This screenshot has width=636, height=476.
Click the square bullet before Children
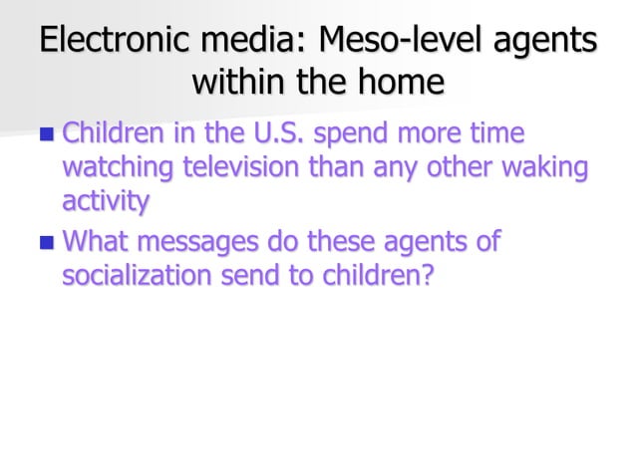point(47,133)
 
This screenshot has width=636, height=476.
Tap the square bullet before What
point(47,242)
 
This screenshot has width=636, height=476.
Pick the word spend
point(369,134)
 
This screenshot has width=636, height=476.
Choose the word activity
point(106,202)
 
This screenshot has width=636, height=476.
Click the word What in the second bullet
point(97,241)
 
